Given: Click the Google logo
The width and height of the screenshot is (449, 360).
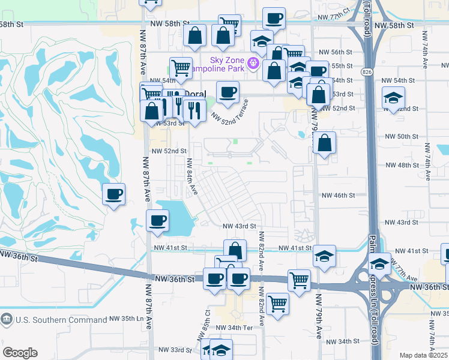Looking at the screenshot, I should coord(20,353).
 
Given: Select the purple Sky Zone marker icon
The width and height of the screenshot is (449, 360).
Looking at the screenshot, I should coord(255,62).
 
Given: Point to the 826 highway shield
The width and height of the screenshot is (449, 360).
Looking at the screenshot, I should coord(366,72).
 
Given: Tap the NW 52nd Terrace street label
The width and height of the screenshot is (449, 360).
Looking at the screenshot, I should coord(232,113).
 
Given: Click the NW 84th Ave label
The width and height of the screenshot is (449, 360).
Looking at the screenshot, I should coord(191,176).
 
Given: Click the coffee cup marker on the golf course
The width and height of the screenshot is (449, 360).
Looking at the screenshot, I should coord(113,194).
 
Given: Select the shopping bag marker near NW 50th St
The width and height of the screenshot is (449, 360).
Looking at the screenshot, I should coord(324,143).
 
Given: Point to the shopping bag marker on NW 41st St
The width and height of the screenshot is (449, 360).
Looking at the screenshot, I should coord(235,250).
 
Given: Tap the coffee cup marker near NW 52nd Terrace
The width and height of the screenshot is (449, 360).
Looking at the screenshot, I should coord(228,92).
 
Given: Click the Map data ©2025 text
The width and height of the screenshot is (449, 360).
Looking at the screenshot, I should coord(423,355).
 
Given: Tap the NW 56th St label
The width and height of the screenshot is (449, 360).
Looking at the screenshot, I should coord(334,52).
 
